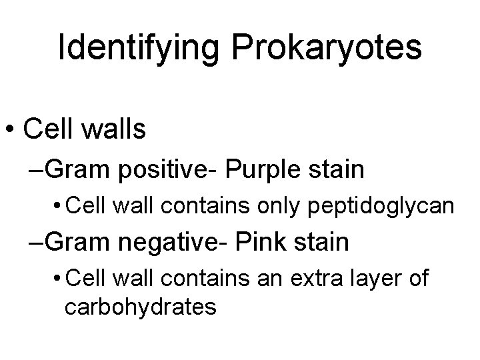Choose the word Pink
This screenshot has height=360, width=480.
click(267, 241)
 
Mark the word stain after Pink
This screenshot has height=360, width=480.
click(322, 241)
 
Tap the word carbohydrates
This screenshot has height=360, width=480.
click(140, 307)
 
